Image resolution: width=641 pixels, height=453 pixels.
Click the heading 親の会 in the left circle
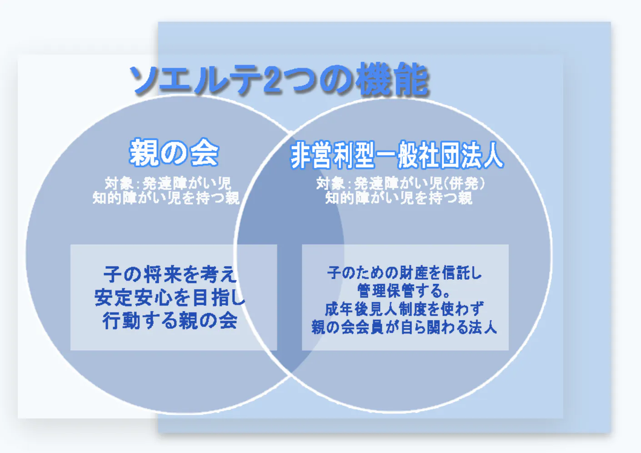click(174, 152)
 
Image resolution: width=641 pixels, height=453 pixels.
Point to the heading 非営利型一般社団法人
click(397, 155)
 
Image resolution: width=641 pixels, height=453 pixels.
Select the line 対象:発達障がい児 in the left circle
click(168, 183)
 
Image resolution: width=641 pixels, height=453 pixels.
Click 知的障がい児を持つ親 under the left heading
click(165, 198)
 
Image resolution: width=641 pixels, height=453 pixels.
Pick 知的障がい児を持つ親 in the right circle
click(399, 198)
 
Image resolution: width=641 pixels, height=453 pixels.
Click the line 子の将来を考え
click(170, 274)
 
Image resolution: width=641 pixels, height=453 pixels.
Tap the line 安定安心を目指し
click(170, 297)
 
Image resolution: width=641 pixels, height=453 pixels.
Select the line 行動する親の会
click(170, 321)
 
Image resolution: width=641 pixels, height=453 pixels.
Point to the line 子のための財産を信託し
click(405, 272)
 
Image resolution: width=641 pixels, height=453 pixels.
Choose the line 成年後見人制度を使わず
click(405, 309)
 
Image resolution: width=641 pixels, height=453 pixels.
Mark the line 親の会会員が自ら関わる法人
click(404, 327)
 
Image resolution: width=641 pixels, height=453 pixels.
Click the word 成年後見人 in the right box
click(360, 309)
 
